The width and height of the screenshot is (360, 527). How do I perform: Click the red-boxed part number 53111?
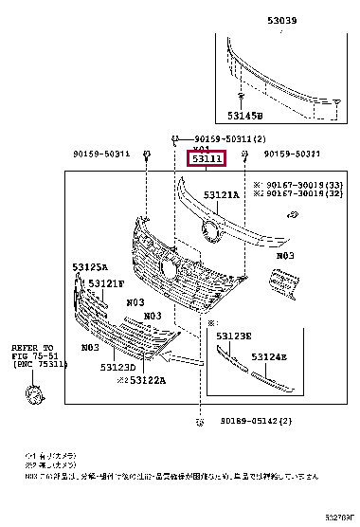206,160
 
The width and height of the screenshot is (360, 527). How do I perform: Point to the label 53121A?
225,194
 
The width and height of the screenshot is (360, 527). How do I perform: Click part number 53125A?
91,267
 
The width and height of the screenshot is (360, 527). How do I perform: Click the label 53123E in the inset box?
233,336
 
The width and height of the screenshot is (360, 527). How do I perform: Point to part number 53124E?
270,357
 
